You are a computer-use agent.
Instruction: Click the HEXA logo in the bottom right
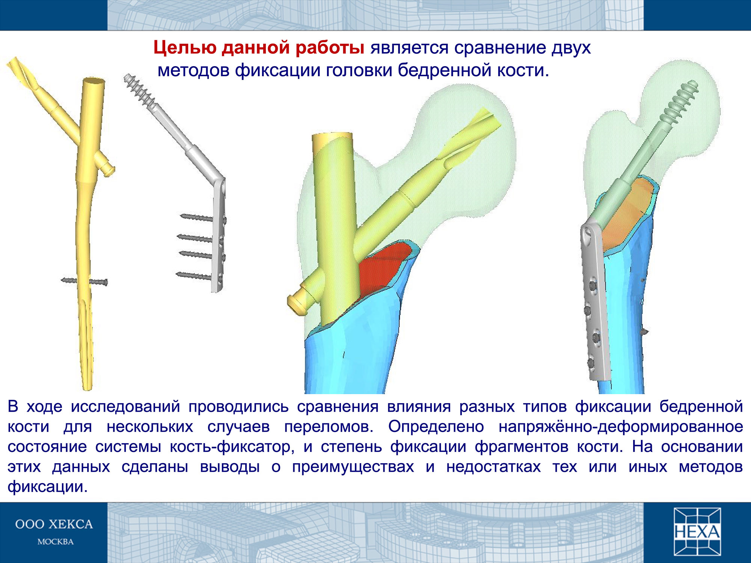[697, 531]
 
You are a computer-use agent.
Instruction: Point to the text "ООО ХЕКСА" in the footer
[54, 524]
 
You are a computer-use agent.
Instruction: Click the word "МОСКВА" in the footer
[56, 542]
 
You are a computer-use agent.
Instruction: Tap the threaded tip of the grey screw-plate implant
[139, 91]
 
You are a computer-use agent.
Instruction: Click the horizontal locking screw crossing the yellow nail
[84, 281]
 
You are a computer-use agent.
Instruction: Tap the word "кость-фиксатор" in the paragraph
[232, 447]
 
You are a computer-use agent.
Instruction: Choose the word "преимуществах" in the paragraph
[353, 467]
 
